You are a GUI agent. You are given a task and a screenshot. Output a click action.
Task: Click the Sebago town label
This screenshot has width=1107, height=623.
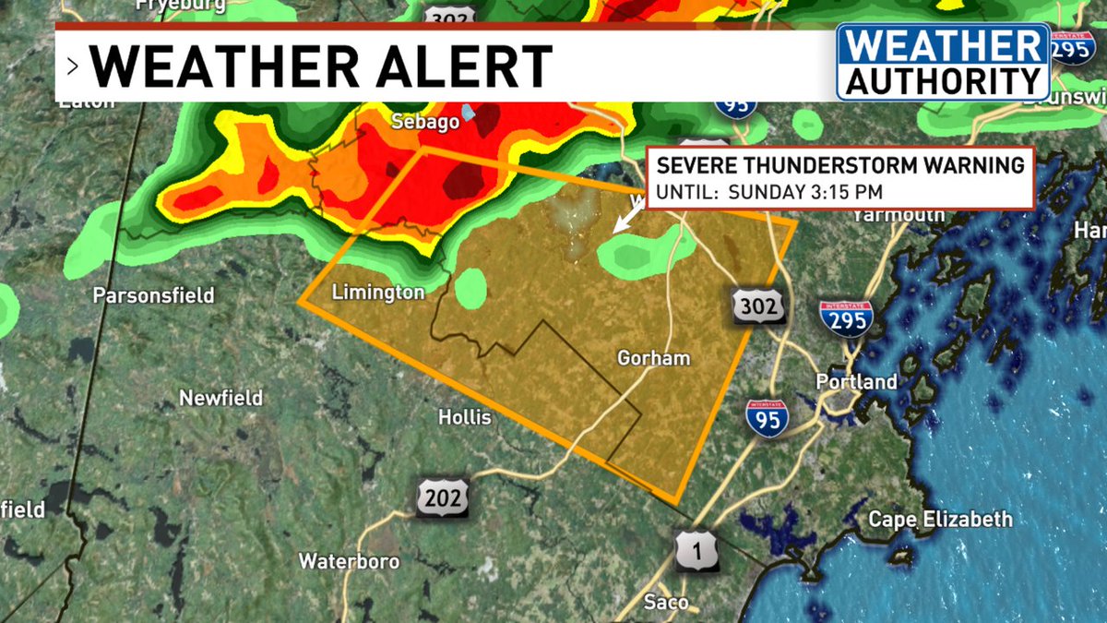425,122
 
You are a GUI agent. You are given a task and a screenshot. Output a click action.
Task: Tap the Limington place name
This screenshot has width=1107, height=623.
378,293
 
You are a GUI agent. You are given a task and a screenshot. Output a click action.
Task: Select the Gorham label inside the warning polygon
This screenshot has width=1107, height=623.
654,357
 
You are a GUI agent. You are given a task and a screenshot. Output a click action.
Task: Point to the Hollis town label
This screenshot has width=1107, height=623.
465,417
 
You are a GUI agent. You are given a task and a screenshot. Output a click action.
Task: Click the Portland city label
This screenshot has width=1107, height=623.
856,381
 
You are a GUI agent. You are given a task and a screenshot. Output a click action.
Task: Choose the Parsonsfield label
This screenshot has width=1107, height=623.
153,295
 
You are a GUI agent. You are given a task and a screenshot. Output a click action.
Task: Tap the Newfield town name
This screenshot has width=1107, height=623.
220,399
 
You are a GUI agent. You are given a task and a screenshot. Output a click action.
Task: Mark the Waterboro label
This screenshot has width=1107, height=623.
349,561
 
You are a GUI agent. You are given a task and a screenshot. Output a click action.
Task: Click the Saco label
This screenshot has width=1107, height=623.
666,603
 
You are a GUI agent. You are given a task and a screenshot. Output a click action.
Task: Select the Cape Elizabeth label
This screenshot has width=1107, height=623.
940,520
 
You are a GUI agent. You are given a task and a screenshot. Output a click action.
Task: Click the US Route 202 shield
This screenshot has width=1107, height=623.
443,498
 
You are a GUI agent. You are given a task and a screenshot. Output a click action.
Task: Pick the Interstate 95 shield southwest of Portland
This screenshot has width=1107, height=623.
768,417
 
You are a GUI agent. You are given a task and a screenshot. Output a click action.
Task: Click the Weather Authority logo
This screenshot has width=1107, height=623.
943,62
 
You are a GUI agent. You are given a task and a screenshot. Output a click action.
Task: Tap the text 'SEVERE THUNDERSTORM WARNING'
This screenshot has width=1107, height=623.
839,166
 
